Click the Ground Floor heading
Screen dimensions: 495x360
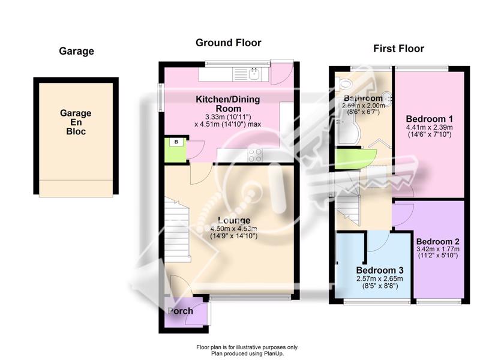(228, 43)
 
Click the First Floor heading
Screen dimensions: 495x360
(398, 49)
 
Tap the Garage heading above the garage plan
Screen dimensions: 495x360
(76, 51)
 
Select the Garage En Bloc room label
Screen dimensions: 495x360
(76, 122)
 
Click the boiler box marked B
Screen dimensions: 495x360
(176, 142)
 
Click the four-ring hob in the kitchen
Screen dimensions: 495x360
(255, 155)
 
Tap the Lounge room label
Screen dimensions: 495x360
(234, 220)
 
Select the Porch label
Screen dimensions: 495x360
(180, 311)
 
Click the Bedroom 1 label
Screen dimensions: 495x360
(430, 119)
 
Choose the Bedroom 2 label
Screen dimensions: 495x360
(438, 242)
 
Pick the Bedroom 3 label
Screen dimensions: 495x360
(380, 271)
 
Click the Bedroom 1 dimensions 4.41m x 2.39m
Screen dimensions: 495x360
(430, 128)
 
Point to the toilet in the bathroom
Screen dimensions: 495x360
(344, 83)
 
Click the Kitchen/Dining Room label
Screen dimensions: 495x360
(228, 104)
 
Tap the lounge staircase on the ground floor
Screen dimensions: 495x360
(178, 230)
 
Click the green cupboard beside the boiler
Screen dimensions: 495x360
(176, 151)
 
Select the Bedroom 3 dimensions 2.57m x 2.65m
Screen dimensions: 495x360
(380, 279)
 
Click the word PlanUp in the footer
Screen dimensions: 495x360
(274, 353)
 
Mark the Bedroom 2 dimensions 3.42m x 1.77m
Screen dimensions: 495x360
(438, 249)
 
